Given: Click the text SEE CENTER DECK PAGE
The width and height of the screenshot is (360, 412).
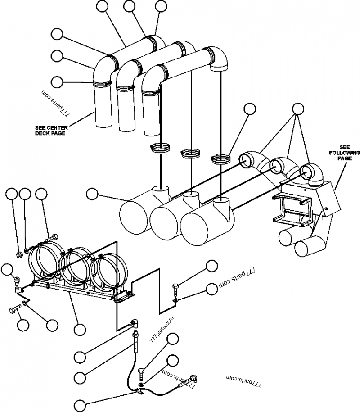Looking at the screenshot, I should (51, 131).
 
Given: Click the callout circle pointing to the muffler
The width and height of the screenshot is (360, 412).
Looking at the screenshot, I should (92, 194).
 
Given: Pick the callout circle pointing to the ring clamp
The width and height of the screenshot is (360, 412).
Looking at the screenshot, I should (248, 109).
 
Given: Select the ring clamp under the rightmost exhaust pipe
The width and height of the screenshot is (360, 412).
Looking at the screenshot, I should (220, 158).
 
